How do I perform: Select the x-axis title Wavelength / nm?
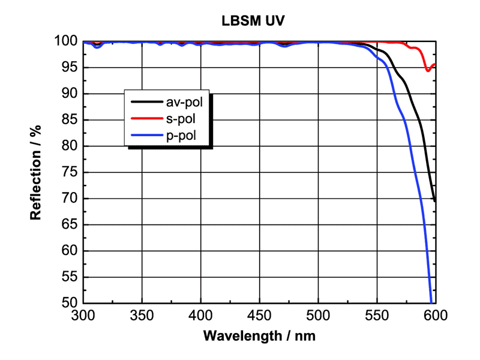point(259,335)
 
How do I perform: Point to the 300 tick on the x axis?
point(83,314)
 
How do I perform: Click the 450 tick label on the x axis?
point(259,314)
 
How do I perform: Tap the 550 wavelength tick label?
point(377,314)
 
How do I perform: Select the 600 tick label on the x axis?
point(435,314)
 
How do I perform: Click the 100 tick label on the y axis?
point(65,41)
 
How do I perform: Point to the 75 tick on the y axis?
point(68,172)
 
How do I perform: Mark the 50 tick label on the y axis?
point(68,302)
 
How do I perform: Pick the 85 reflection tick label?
point(68,120)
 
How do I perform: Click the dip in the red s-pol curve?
point(428,70)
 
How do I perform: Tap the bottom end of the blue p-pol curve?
point(431,301)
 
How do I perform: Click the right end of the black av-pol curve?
point(434,200)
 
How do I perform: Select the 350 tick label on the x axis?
point(142,314)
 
